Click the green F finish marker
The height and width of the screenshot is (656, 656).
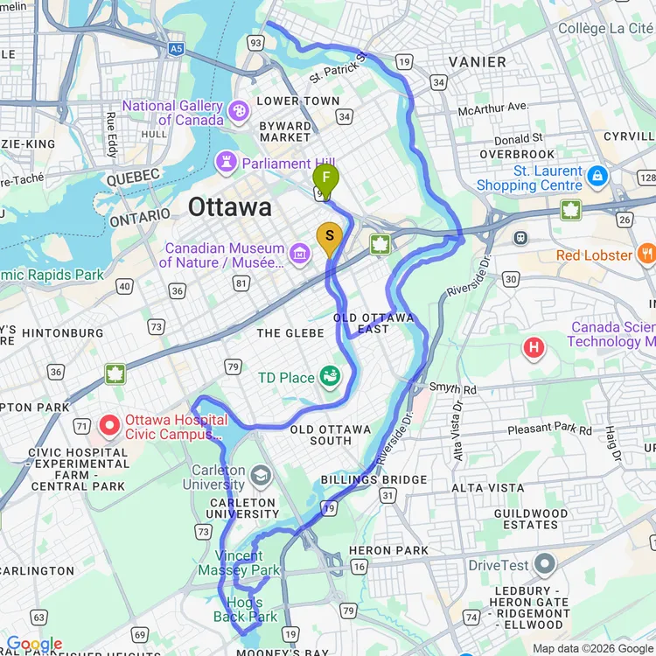click(x=325, y=178)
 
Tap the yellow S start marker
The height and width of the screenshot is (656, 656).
click(x=329, y=236)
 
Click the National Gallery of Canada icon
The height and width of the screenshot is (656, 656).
click(x=238, y=112)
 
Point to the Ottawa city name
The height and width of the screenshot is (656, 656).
click(x=230, y=207)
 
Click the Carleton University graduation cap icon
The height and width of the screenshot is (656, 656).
click(x=261, y=475)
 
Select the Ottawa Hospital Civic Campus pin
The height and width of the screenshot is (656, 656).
click(x=109, y=426)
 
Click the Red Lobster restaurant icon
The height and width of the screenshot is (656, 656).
click(x=646, y=255)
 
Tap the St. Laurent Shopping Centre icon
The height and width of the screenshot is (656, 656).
click(x=597, y=176)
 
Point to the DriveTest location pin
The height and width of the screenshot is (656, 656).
click(x=545, y=563)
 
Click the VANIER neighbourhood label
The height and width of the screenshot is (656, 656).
click(x=477, y=62)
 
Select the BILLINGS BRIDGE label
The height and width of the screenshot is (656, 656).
click(x=373, y=480)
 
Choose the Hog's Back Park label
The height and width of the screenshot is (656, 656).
click(x=246, y=610)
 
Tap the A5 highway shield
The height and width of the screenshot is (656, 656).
click(x=177, y=50)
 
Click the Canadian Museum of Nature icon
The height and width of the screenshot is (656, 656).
click(x=300, y=255)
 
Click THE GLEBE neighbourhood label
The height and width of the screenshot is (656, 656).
click(x=290, y=333)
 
